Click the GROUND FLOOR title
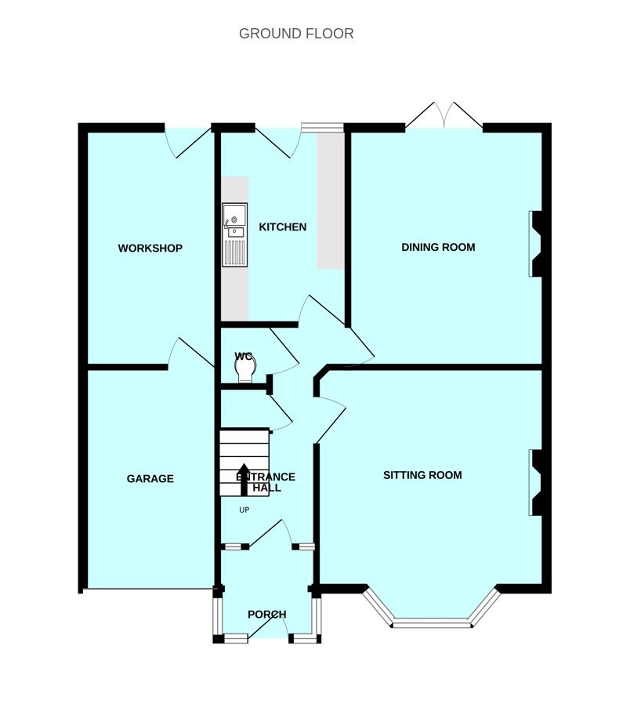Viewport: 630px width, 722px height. click(x=296, y=34)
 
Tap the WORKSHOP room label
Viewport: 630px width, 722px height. click(x=150, y=249)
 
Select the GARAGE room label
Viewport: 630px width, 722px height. click(x=150, y=479)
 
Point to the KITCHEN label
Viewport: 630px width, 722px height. click(x=283, y=227)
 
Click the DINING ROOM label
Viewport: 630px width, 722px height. click(x=438, y=247)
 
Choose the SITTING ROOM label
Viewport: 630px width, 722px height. click(x=422, y=475)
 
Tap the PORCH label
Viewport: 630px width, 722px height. click(x=267, y=615)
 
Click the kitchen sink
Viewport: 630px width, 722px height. click(x=235, y=235)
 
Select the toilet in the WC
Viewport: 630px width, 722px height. click(x=244, y=368)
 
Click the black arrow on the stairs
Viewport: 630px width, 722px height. click(x=244, y=480)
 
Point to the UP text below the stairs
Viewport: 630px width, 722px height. click(x=244, y=510)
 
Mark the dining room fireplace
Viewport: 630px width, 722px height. click(x=535, y=244)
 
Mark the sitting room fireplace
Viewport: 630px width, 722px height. click(x=535, y=482)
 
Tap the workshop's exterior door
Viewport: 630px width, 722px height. click(x=189, y=142)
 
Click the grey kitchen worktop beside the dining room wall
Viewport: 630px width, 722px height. click(x=331, y=201)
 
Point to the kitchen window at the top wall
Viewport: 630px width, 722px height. click(x=322, y=127)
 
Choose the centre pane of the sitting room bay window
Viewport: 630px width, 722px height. click(x=432, y=624)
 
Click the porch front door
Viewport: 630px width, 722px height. click(x=269, y=626)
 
